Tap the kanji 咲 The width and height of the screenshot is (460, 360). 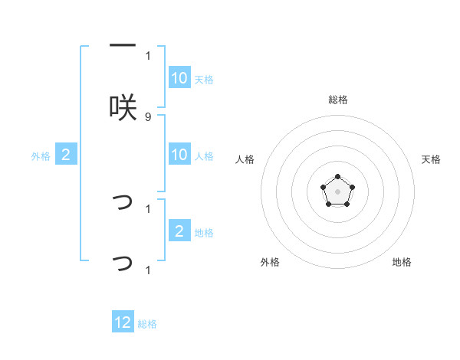pos(123,108)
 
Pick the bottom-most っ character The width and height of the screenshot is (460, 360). pos(123,263)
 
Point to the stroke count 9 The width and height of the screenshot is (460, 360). pos(148,117)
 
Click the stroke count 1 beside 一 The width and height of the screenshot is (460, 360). pos(148,55)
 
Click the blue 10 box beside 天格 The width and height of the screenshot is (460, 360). pos(179,78)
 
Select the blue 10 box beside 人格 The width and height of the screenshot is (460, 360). pos(179,155)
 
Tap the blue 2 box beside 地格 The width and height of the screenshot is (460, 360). pos(179,231)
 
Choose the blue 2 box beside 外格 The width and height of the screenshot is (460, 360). pos(66,155)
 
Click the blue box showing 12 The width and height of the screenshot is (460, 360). pos(123,323)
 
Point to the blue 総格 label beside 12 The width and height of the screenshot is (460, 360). pos(147,324)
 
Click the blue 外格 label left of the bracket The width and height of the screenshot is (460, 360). pos(41,156)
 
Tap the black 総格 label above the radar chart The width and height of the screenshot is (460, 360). pos(337,100)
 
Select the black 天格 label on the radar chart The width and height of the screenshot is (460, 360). pos(432,159)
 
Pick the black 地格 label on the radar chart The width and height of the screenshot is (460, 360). pos(402,262)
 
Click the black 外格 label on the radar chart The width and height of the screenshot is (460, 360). pos(270,262)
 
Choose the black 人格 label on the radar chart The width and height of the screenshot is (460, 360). pos(245,159)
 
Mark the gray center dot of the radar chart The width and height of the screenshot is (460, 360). pos(337,190)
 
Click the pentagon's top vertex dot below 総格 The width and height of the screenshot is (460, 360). pos(337,177)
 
